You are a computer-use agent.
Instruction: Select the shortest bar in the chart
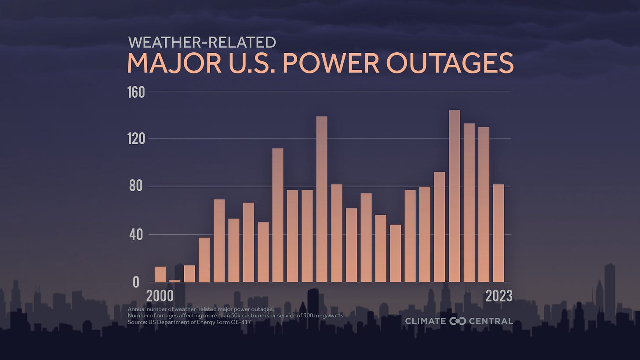point(175,281)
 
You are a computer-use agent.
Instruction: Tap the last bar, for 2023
point(498,233)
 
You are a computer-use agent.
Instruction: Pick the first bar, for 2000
point(160,274)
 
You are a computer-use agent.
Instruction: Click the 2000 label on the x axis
point(160,296)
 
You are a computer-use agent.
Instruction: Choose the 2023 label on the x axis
point(498,296)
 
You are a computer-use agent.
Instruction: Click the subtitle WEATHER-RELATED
point(202,42)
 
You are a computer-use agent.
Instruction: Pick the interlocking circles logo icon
point(458,321)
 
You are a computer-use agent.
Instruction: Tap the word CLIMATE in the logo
point(425,321)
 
